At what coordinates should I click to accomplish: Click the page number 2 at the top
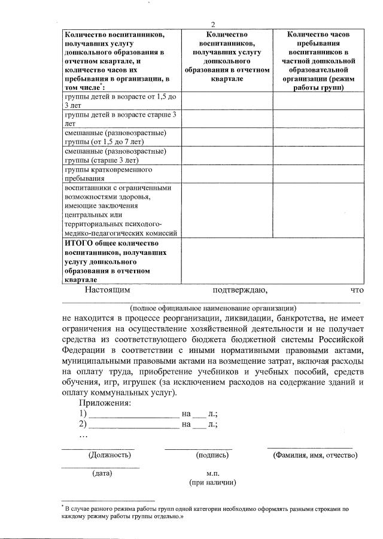coord(212,24)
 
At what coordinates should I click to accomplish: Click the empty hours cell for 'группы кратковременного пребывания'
coord(318,173)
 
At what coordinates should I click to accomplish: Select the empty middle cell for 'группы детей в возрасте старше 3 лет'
coord(226,119)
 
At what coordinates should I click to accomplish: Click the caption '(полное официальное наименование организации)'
coord(212,307)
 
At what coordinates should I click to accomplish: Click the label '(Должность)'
coord(110,455)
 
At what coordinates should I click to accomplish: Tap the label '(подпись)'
coord(212,455)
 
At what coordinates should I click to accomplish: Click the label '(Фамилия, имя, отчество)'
coord(315,455)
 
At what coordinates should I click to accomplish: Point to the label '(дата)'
coord(102,473)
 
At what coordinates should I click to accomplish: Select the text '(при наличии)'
coord(212,483)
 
